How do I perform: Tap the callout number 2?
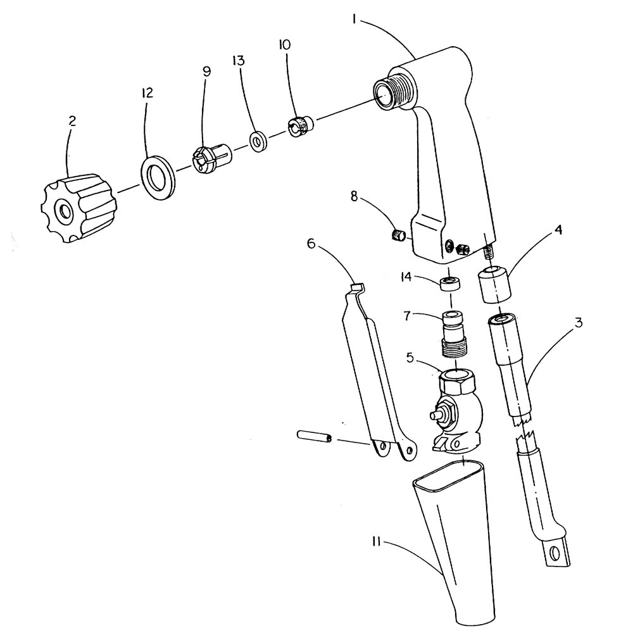coord(72,121)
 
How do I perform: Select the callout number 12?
coord(147,93)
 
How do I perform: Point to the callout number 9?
coord(206,72)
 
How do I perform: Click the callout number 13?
coord(238,61)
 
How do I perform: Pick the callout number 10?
coord(284,44)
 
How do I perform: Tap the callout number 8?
coord(354,197)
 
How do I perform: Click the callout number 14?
coord(406,277)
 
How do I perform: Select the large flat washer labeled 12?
coord(158,178)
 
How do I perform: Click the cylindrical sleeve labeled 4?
coord(494,284)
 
